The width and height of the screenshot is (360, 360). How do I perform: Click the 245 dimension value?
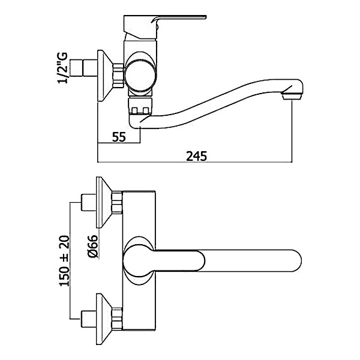click(x=196, y=156)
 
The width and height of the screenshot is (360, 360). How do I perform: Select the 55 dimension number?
click(x=119, y=137)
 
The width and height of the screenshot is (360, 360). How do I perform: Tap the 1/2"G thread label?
click(x=63, y=68)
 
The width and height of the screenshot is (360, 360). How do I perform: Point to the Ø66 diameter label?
click(x=93, y=247)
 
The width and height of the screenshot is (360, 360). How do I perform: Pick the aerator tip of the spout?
click(x=293, y=95)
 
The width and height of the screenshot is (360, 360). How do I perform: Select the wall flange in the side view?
click(x=104, y=76)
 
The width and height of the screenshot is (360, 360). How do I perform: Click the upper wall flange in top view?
click(x=104, y=202)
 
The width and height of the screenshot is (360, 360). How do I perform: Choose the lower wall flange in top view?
click(x=104, y=319)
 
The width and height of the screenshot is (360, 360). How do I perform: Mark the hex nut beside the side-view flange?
click(x=118, y=76)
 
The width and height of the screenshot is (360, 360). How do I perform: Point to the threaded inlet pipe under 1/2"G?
click(x=83, y=68)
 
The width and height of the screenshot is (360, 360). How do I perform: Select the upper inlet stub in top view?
click(x=88, y=202)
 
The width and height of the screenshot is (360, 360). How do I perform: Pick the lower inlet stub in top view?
click(x=88, y=319)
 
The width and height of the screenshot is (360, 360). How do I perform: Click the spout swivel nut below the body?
click(x=140, y=106)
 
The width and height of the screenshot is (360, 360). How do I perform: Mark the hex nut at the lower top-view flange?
click(x=117, y=319)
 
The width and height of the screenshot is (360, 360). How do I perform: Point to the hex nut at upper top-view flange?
click(x=117, y=203)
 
